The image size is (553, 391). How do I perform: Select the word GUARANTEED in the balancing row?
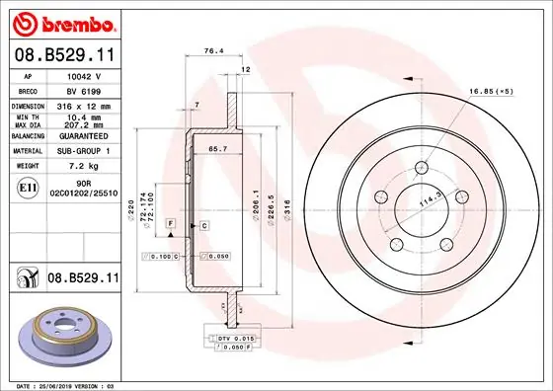[82, 135]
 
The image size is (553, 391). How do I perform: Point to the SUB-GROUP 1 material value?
[82, 151]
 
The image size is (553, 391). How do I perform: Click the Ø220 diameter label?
[131, 209]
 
